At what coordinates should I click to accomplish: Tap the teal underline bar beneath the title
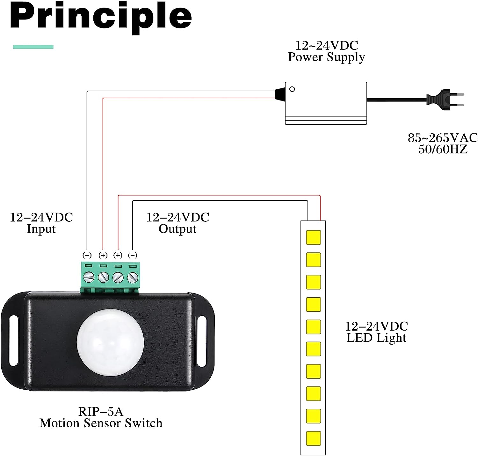tap(33, 47)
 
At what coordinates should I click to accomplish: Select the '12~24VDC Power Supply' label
tap(326, 51)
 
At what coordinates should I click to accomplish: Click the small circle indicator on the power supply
tap(292, 89)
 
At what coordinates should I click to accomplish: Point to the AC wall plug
tap(445, 99)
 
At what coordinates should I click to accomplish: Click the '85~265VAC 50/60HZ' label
tap(443, 143)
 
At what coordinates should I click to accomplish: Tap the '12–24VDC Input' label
tap(41, 223)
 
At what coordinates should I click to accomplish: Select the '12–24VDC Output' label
tap(177, 223)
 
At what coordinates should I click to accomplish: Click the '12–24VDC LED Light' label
tap(377, 332)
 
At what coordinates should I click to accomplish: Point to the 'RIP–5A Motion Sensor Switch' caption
tap(101, 417)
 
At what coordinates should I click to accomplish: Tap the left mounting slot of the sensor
tap(13, 340)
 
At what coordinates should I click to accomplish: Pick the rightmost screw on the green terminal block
tap(132, 277)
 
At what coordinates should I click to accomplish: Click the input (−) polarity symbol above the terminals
tap(87, 255)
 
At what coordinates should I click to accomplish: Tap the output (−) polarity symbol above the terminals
tap(133, 255)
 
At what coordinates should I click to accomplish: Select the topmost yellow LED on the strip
tap(313, 237)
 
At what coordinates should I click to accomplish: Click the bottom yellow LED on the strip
tap(313, 438)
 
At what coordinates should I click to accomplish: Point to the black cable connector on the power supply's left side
tap(280, 93)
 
